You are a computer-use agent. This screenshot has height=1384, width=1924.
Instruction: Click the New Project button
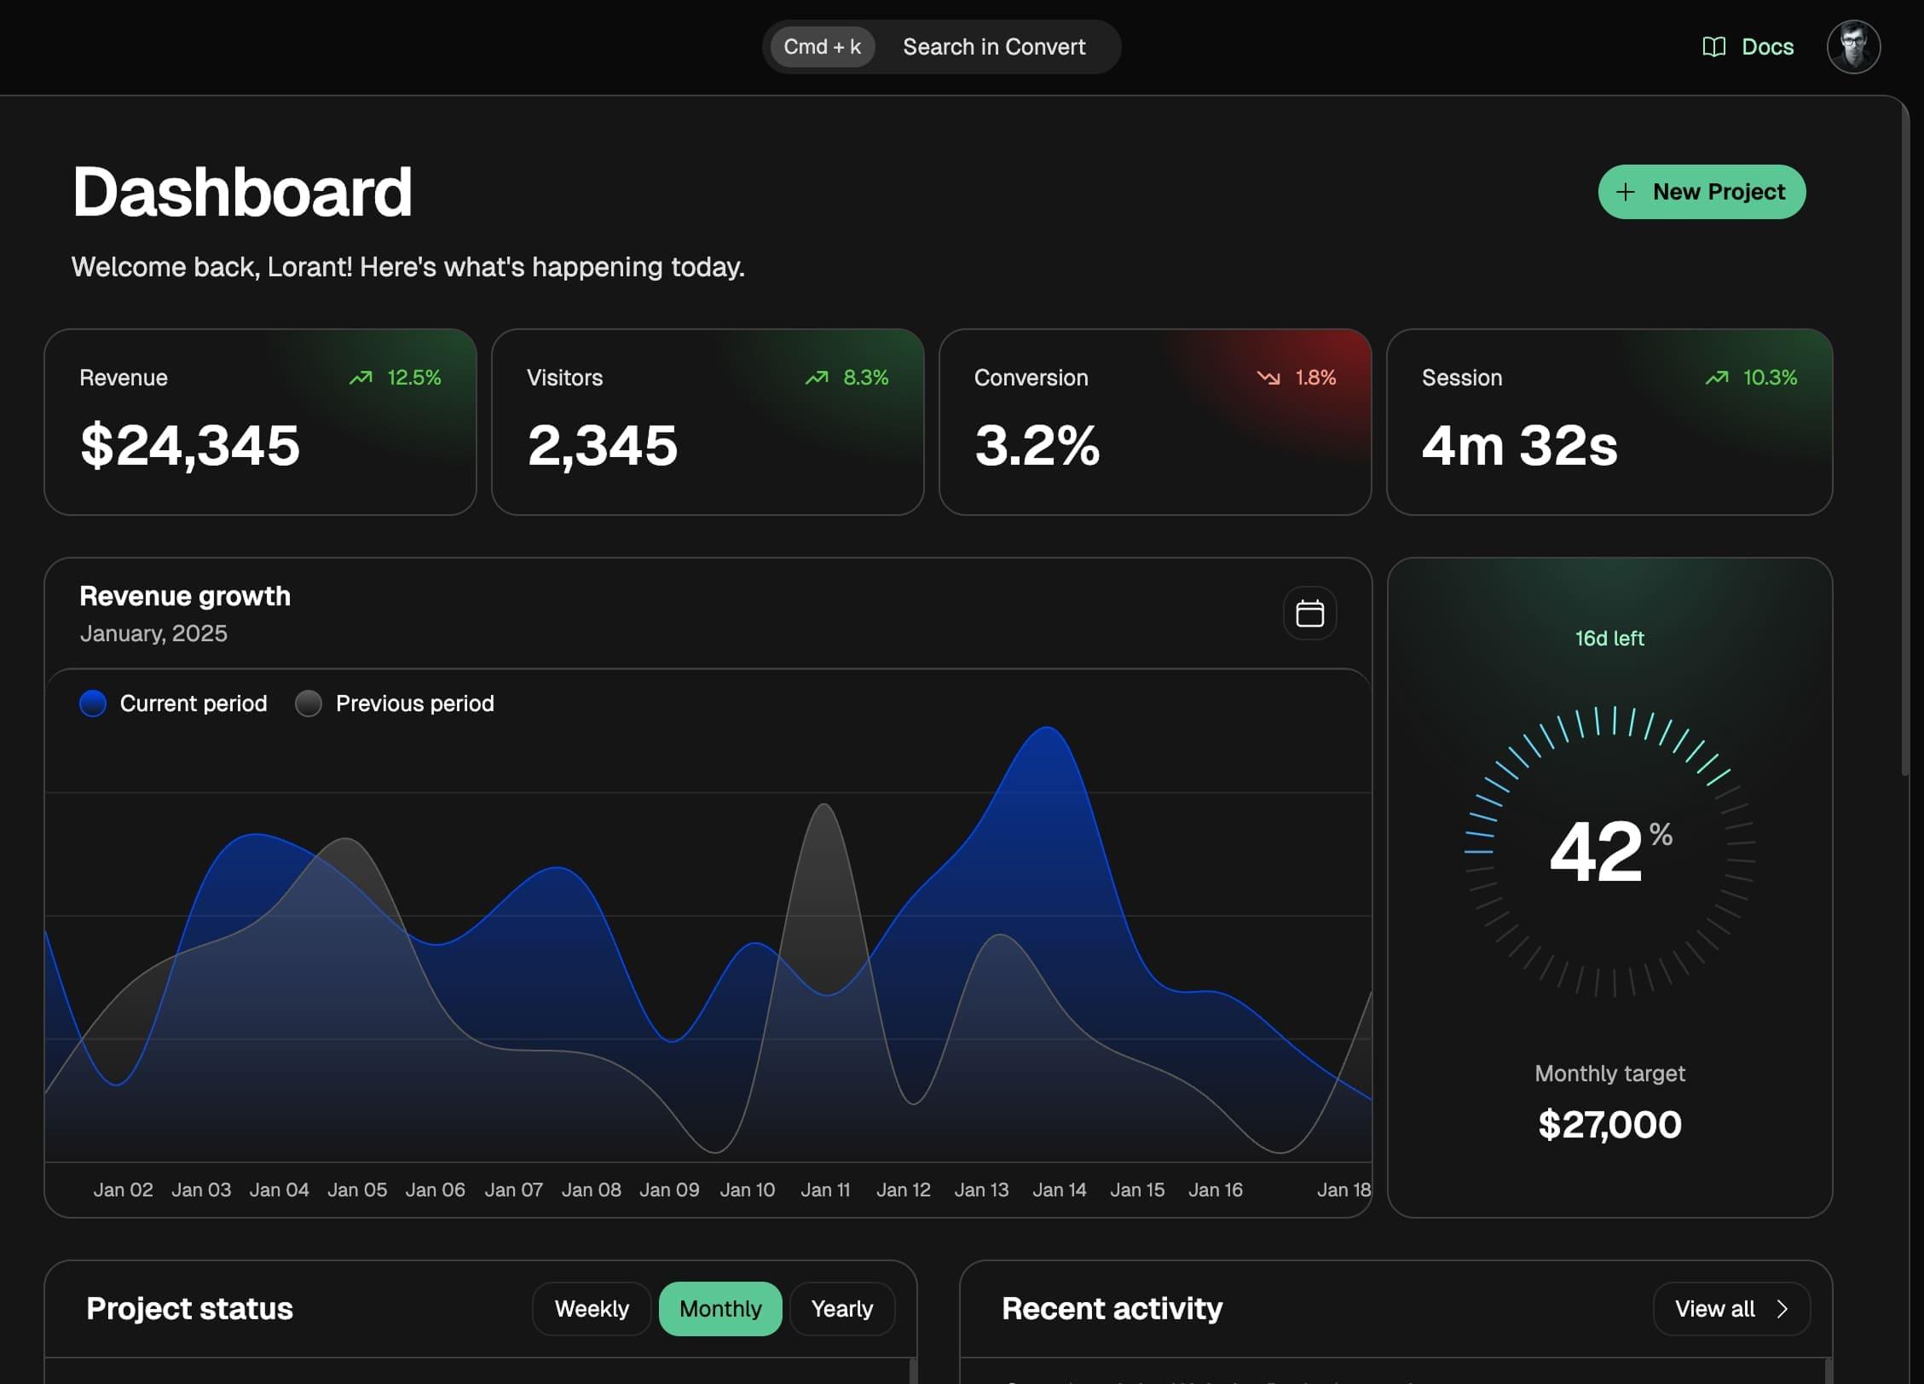click(1702, 192)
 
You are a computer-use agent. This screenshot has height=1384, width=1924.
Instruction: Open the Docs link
click(1748, 47)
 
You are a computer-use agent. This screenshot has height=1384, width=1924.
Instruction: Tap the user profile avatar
click(1853, 47)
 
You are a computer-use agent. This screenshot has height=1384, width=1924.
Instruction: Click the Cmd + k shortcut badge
click(822, 47)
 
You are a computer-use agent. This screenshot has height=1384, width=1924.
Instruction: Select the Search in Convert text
click(994, 47)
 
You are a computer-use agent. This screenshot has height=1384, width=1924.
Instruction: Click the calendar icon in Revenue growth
click(1309, 613)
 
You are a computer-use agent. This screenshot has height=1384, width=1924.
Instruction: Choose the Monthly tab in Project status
click(720, 1308)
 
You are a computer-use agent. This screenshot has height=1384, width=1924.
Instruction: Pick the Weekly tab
click(592, 1308)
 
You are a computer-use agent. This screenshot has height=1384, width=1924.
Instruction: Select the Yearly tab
click(842, 1308)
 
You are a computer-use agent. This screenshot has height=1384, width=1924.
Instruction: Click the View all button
click(1731, 1308)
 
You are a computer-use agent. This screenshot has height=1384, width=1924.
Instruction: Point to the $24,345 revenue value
click(190, 445)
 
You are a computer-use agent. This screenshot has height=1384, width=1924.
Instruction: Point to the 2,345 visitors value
click(603, 445)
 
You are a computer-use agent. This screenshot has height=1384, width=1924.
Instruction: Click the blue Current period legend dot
click(93, 704)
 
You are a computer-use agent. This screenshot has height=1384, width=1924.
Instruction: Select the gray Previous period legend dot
click(309, 704)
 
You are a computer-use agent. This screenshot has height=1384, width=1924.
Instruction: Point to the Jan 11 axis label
click(825, 1190)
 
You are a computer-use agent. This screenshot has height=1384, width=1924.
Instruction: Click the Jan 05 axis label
click(357, 1190)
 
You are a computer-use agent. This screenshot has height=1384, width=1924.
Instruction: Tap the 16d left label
click(1609, 638)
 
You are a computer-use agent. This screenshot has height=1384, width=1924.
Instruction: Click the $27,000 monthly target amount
click(1609, 1124)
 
